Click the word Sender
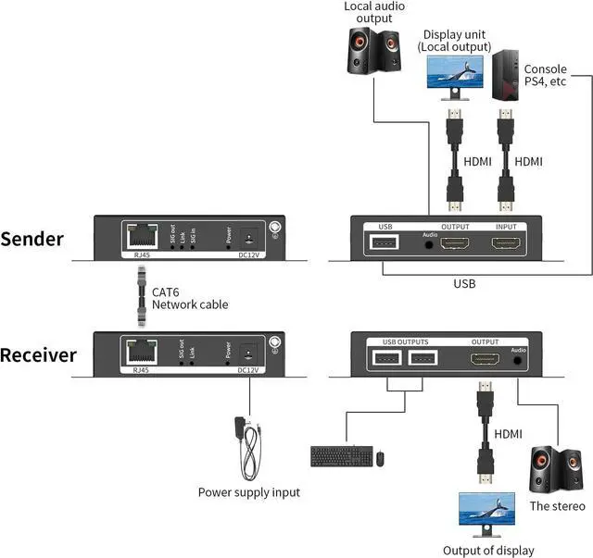coord(32,239)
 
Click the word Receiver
coord(39,355)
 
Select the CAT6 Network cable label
coord(189,298)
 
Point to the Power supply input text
coord(248,492)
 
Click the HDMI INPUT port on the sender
coord(506,244)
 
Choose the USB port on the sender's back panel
coord(384,244)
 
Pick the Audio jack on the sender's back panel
coord(429,245)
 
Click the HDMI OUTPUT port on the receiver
coord(485,360)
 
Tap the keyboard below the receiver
coord(341,456)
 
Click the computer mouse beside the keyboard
coord(380,457)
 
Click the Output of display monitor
coord(487,513)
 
